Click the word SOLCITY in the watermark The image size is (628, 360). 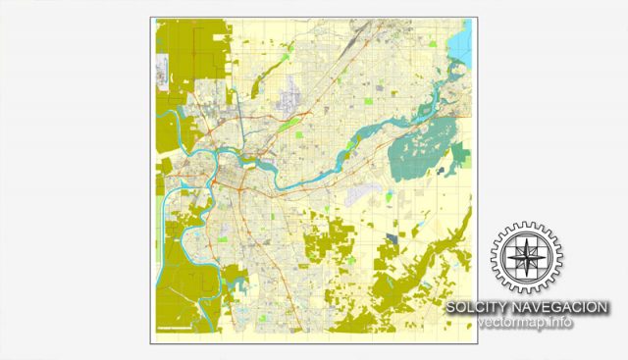pyautogui.click(x=474, y=308)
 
